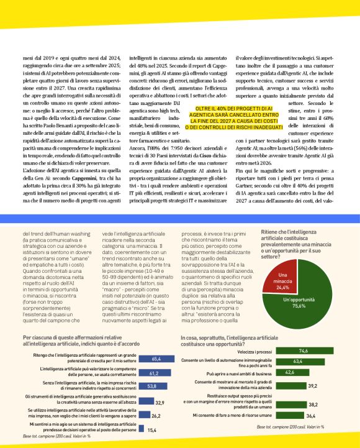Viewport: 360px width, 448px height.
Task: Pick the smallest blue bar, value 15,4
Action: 142,428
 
